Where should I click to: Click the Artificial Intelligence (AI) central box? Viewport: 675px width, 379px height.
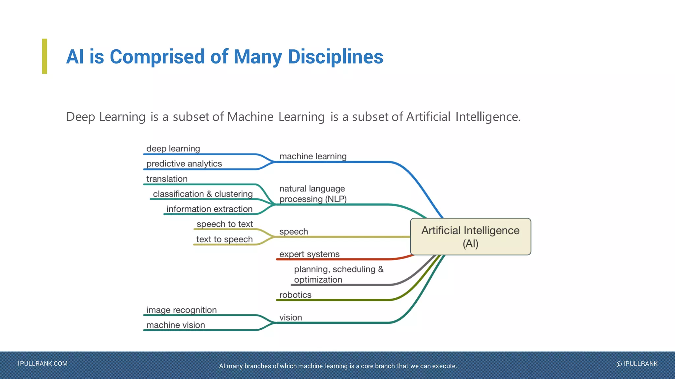[470, 237]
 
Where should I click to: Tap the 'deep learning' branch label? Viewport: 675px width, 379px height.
[173, 149]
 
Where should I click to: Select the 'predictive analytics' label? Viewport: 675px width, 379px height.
[184, 164]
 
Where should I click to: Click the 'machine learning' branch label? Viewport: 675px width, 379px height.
[313, 156]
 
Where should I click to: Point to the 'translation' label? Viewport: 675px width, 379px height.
[167, 179]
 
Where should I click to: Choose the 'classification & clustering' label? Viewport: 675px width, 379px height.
[203, 194]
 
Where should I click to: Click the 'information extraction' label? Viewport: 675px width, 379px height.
[209, 209]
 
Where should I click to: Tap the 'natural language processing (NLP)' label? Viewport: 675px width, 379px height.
[312, 194]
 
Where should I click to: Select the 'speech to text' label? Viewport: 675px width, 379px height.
[225, 224]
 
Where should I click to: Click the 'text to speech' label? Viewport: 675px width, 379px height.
[224, 240]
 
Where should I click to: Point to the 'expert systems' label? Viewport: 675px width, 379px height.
[309, 254]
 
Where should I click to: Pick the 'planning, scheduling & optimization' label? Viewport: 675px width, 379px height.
[338, 274]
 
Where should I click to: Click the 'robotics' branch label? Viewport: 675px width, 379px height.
[295, 295]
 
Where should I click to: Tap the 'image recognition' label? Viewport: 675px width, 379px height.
[181, 310]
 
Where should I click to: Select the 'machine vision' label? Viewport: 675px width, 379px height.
[175, 325]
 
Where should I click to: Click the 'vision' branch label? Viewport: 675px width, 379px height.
[290, 318]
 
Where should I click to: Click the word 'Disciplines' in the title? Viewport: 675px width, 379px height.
[335, 57]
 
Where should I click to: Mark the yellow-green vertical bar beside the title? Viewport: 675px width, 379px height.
[44, 56]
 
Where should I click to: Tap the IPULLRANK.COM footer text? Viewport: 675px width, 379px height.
[43, 364]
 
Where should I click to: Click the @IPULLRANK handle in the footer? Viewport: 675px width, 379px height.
[636, 364]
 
